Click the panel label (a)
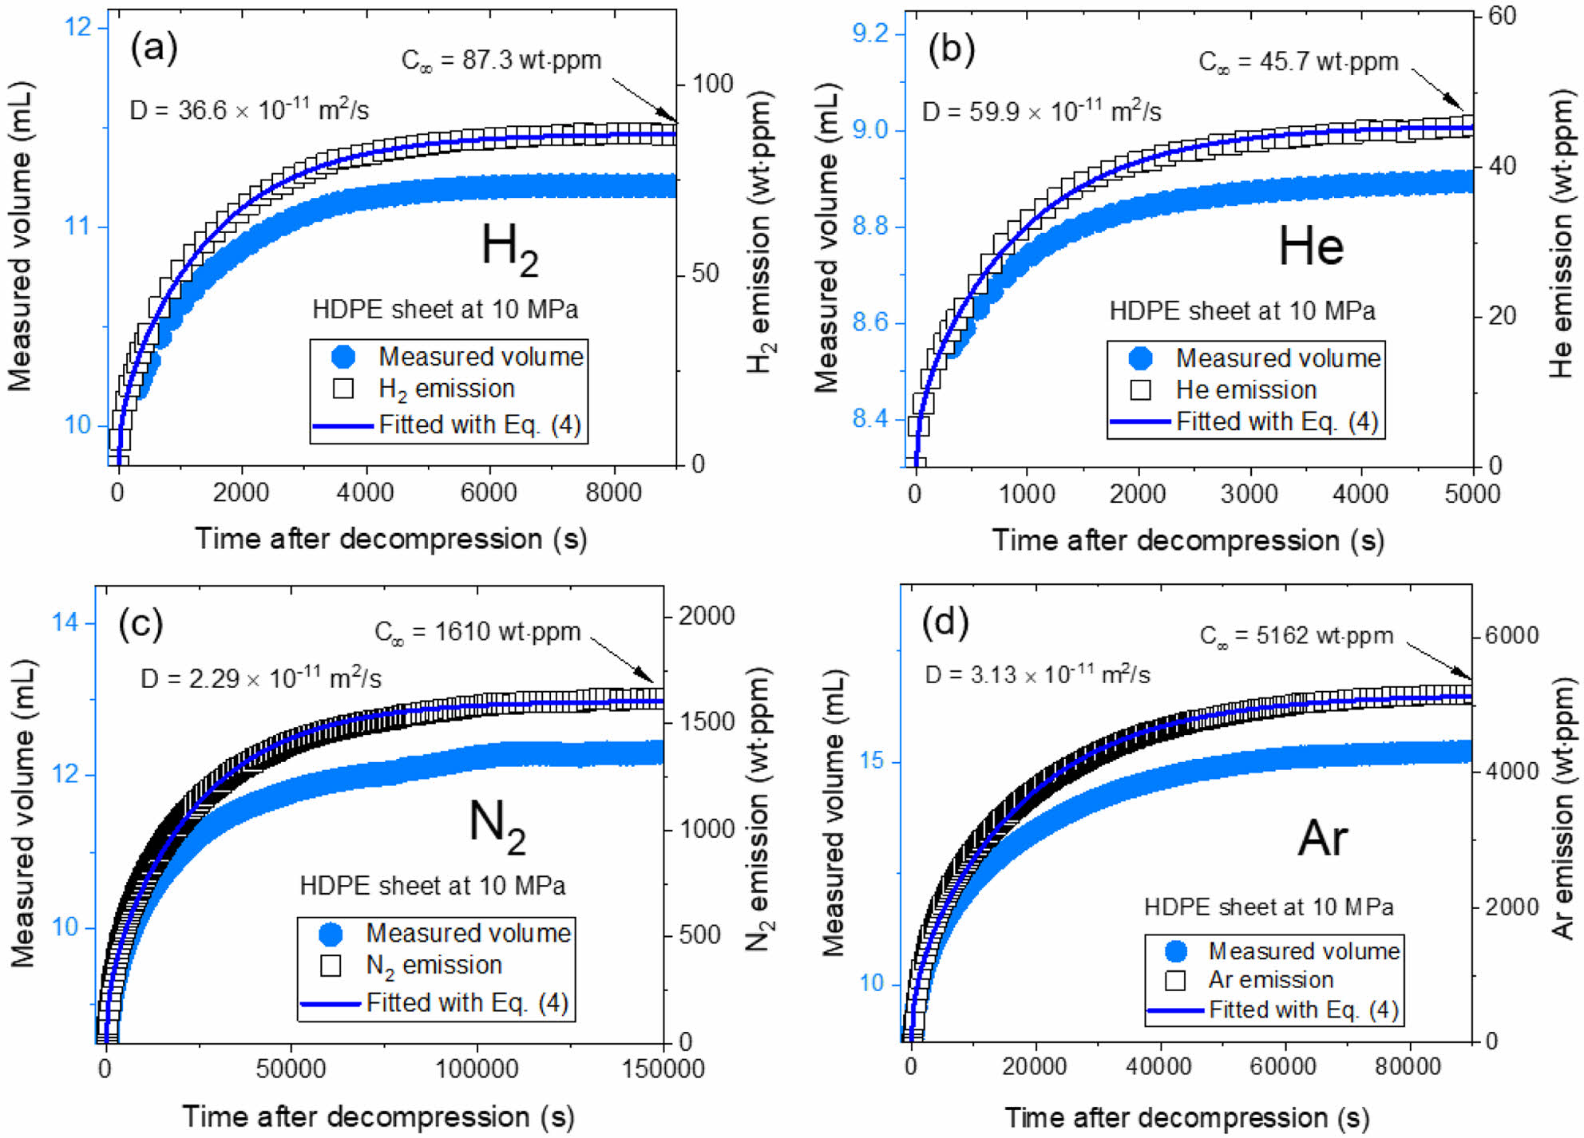(x=154, y=49)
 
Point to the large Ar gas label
(x=1322, y=838)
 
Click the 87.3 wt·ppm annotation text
(x=501, y=61)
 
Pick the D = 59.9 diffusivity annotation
(x=1041, y=111)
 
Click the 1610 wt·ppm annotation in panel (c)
(x=477, y=633)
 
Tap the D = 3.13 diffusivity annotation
(x=1037, y=675)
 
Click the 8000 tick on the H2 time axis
(x=613, y=493)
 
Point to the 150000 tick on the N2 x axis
(x=663, y=1069)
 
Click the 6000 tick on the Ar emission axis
(x=1511, y=636)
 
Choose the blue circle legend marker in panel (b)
(x=1141, y=358)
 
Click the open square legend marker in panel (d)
(x=1175, y=980)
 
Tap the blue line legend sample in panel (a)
(x=343, y=425)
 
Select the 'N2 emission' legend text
(x=434, y=966)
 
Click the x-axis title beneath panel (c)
(x=378, y=1116)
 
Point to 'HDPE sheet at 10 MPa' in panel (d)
(x=1269, y=907)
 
